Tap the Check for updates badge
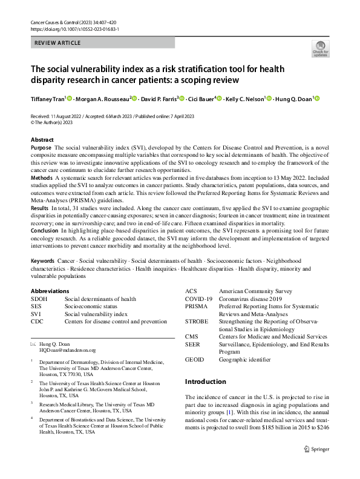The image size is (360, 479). (x=319, y=50)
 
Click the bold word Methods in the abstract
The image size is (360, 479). (x=41, y=178)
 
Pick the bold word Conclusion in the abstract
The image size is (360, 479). (x=45, y=230)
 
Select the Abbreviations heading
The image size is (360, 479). (x=50, y=291)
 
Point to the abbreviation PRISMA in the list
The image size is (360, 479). (x=196, y=307)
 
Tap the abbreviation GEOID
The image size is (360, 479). (x=195, y=359)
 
